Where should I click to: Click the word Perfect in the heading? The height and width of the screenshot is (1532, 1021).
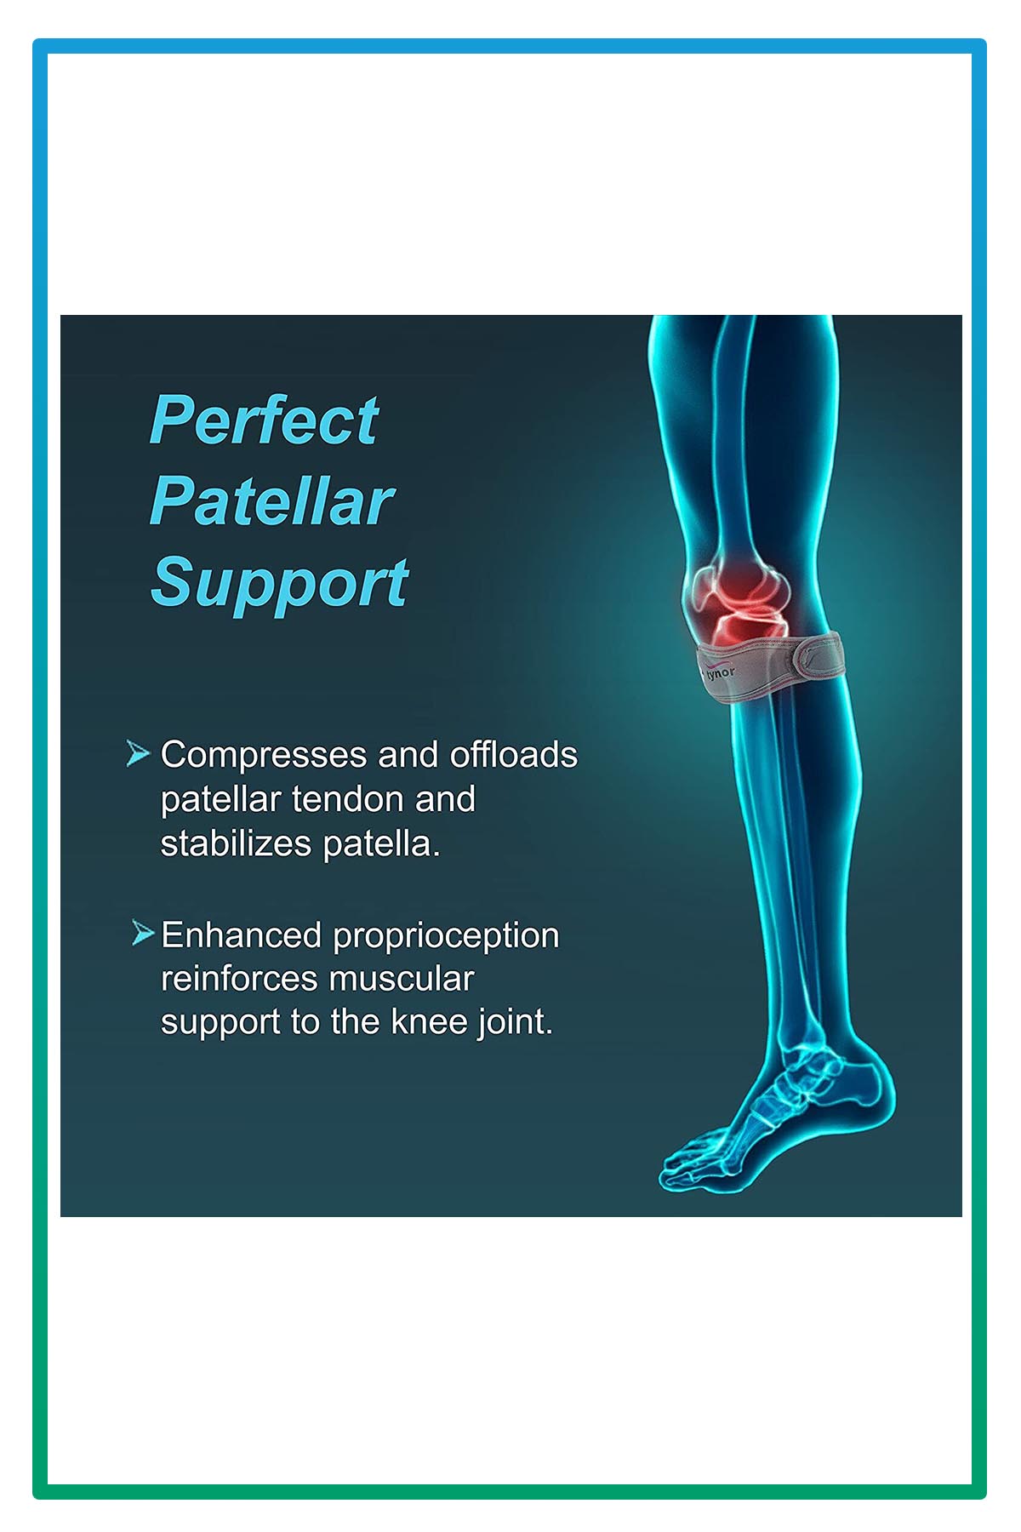click(x=264, y=420)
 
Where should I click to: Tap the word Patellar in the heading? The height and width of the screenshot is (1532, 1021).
click(x=272, y=500)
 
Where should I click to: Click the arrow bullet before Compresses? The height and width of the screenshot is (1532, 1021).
click(x=138, y=753)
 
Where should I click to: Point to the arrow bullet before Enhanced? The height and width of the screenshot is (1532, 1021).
click(x=143, y=933)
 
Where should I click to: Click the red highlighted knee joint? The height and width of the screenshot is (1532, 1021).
click(x=740, y=600)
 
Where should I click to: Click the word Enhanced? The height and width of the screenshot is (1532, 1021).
click(x=241, y=935)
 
